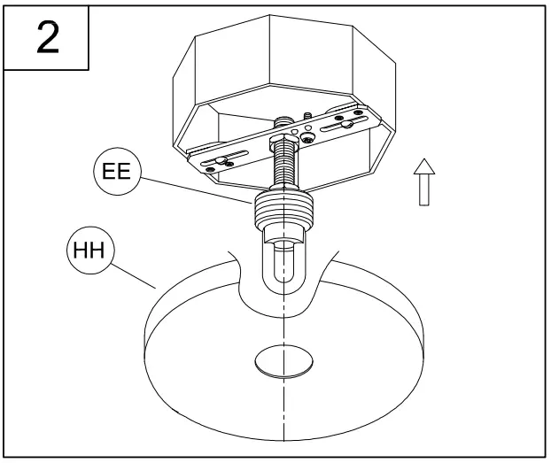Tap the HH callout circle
pyautogui.click(x=89, y=251)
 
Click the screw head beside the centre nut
pyautogui.click(x=306, y=138)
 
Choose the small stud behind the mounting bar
pyautogui.click(x=306, y=116)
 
